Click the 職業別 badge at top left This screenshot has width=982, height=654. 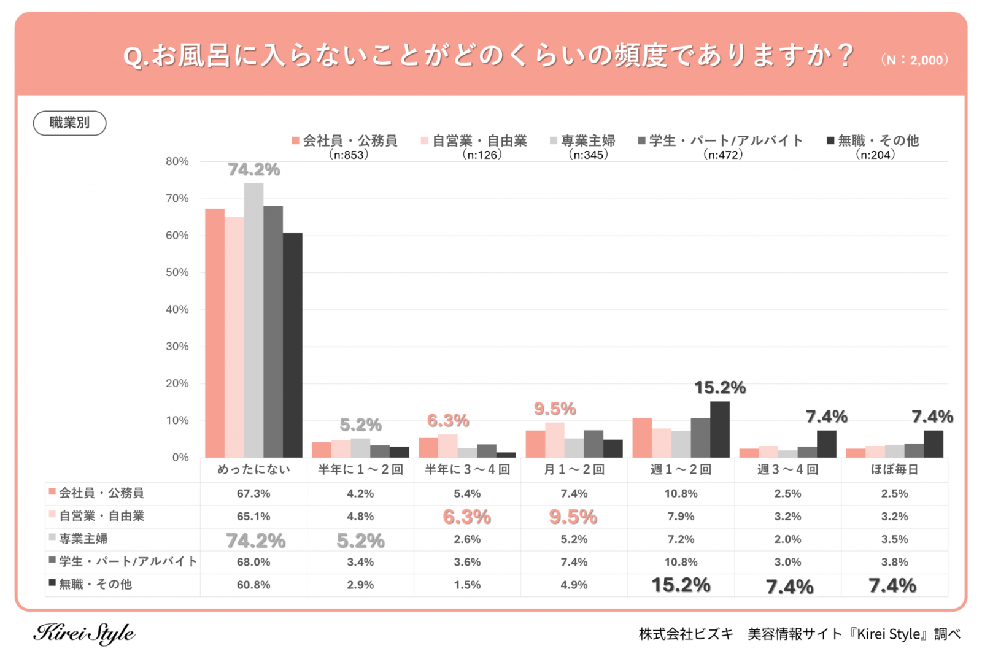[x=69, y=123]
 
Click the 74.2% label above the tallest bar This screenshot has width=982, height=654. [x=253, y=169]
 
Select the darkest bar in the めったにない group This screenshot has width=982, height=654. [x=292, y=345]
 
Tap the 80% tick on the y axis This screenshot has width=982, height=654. [x=177, y=161]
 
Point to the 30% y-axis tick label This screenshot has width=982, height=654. [x=177, y=347]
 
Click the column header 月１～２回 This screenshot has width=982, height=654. [x=574, y=469]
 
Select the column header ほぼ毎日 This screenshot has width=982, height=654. [x=894, y=469]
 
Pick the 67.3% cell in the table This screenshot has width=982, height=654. [x=253, y=493]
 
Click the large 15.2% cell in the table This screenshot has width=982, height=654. [x=681, y=585]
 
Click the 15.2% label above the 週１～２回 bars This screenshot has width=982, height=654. [x=720, y=388]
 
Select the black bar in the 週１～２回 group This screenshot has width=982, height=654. [x=720, y=429]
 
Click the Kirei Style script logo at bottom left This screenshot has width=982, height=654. [x=84, y=633]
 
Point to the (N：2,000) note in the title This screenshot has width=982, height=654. [x=914, y=60]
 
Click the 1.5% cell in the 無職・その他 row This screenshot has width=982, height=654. [x=467, y=585]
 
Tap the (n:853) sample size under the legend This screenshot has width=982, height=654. [x=349, y=155]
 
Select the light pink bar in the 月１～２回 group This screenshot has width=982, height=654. [x=554, y=440]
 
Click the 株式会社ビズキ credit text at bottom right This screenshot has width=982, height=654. [x=686, y=634]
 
